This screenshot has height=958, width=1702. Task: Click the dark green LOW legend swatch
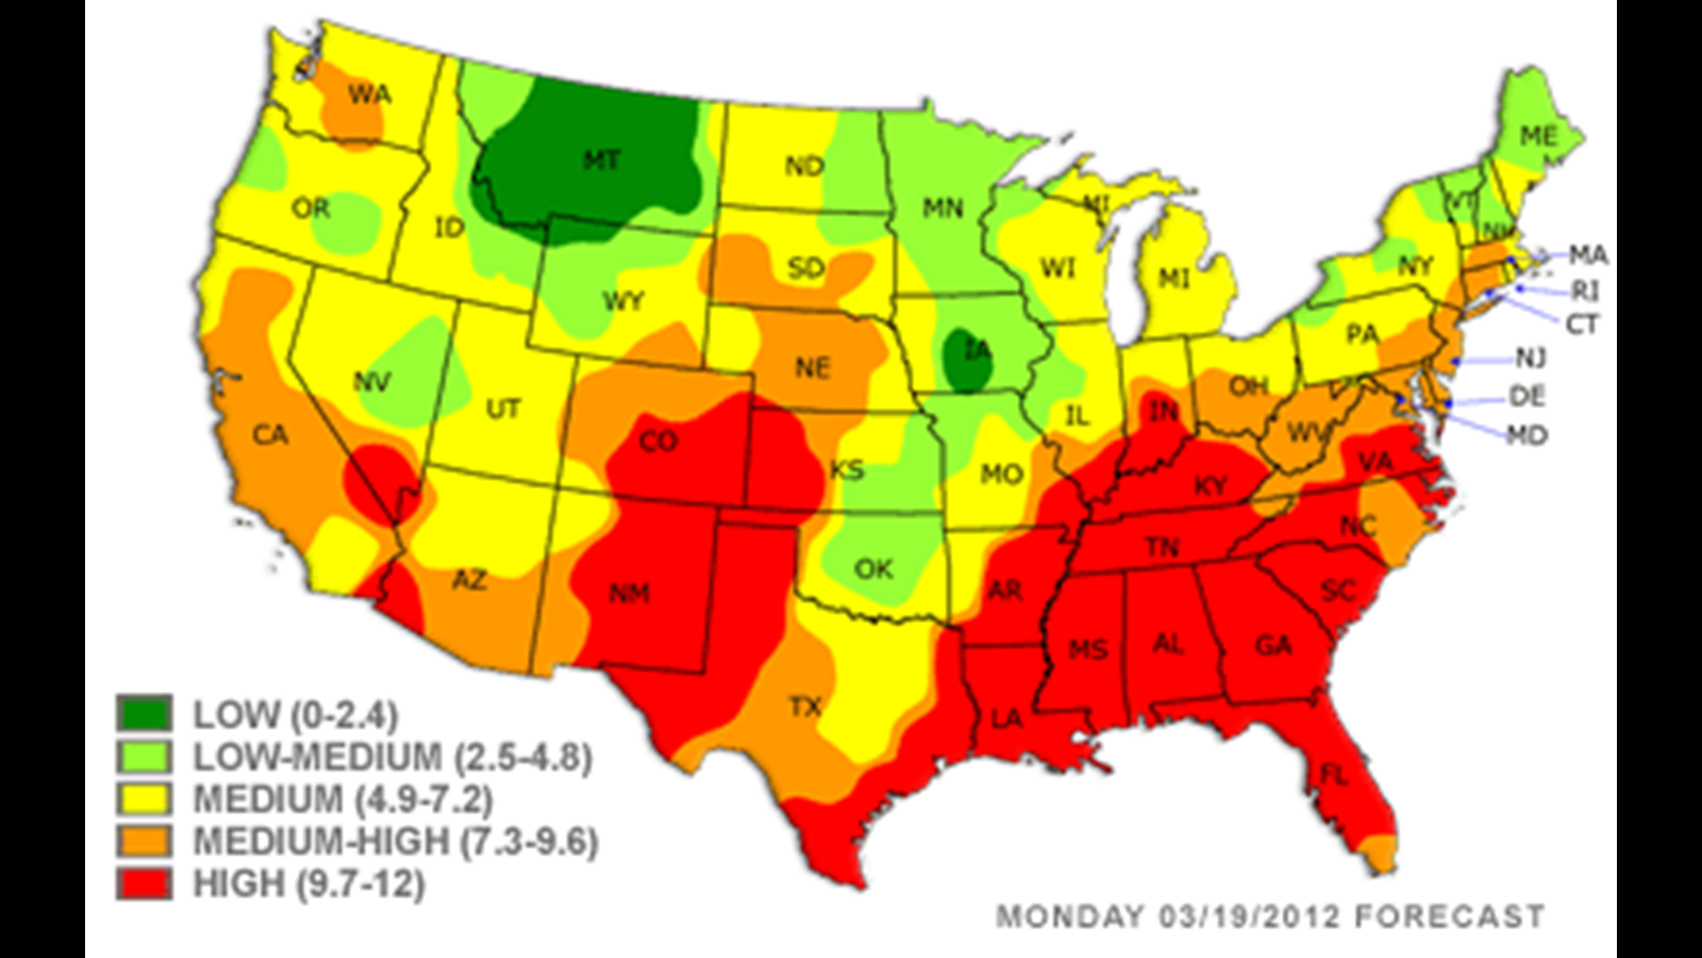pyautogui.click(x=144, y=712)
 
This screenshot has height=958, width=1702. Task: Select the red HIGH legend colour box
pyautogui.click(x=144, y=883)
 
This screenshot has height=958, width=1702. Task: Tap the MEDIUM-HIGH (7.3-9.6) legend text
pyautogui.click(x=395, y=841)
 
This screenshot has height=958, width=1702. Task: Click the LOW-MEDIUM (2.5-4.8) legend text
pyautogui.click(x=392, y=757)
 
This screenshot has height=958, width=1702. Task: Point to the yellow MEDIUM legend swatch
pyautogui.click(x=144, y=798)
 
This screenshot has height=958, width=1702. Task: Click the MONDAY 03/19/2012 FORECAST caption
pyautogui.click(x=1269, y=915)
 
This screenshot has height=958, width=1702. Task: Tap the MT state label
pyautogui.click(x=602, y=161)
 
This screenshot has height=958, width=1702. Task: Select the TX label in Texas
pyautogui.click(x=805, y=707)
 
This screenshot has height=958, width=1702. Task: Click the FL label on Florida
pyautogui.click(x=1334, y=776)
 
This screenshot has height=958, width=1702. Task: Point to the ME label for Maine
pyautogui.click(x=1538, y=136)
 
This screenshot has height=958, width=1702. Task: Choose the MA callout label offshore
pyautogui.click(x=1588, y=256)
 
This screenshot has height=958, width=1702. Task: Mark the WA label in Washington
pyautogui.click(x=369, y=94)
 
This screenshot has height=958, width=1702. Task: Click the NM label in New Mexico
pyautogui.click(x=629, y=593)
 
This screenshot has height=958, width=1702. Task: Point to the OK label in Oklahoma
pyautogui.click(x=874, y=568)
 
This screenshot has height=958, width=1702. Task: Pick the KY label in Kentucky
pyautogui.click(x=1211, y=485)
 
